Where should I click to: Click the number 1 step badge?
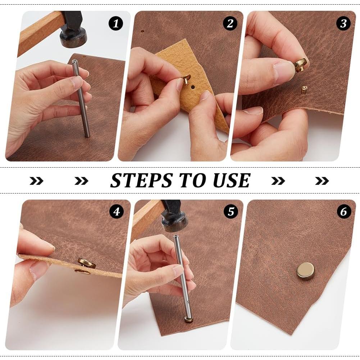[115, 24]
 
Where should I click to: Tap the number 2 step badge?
[230, 24]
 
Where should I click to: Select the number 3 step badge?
[343, 24]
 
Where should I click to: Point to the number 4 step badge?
[116, 212]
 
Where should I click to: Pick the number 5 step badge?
[231, 212]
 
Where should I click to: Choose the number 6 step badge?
[344, 212]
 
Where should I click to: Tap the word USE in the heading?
[231, 181]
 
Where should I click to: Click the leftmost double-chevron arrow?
[36, 181]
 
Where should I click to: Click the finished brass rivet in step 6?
[305, 271]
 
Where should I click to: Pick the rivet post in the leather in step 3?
[304, 90]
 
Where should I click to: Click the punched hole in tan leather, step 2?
[193, 87]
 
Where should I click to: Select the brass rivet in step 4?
[87, 263]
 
